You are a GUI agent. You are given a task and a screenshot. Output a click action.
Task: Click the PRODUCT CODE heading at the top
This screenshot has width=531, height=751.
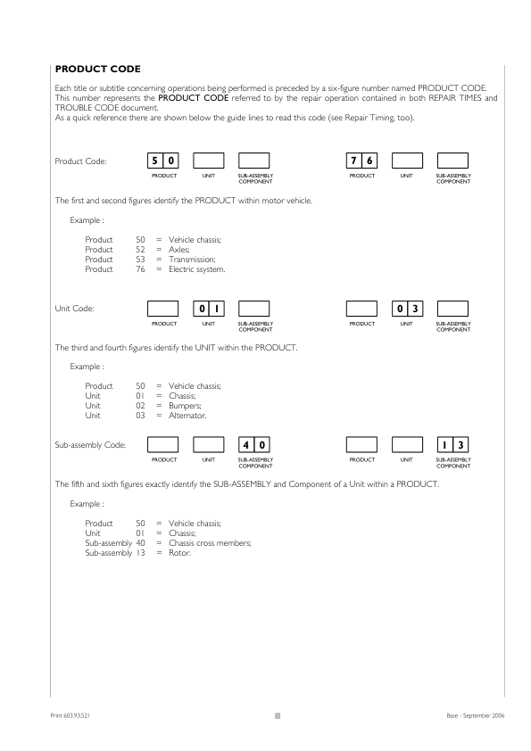tap(97, 69)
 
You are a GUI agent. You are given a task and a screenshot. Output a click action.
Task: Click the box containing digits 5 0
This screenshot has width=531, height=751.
tap(164, 161)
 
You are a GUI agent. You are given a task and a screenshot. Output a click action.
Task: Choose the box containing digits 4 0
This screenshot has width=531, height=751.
tap(255, 444)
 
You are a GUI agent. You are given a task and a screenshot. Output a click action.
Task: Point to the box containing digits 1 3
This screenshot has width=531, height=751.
tap(452, 444)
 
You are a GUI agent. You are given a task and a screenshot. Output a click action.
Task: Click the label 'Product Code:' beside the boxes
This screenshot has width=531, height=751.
tap(80, 161)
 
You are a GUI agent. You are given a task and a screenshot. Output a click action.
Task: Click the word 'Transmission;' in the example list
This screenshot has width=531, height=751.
tap(193, 260)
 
